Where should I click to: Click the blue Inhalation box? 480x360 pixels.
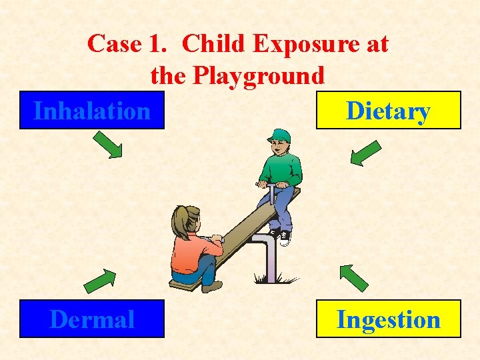(92, 110)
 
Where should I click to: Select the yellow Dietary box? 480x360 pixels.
(388, 110)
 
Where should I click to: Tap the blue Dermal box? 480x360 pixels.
(92, 319)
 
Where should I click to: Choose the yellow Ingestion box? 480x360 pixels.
(388, 319)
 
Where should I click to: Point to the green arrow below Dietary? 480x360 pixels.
(365, 152)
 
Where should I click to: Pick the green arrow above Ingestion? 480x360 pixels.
(353, 277)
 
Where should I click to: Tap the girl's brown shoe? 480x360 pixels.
(212, 286)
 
